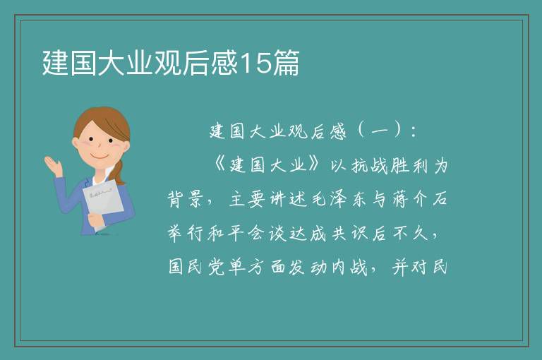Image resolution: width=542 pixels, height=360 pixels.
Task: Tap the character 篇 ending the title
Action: [286, 63]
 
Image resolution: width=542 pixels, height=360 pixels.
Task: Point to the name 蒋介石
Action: [420, 199]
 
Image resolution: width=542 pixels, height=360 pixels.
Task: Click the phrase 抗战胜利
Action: [390, 166]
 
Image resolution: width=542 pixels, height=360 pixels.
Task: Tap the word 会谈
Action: [267, 234]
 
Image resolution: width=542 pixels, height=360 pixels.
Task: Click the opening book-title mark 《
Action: [219, 165]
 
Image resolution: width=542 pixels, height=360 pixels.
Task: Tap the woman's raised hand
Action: [53, 166]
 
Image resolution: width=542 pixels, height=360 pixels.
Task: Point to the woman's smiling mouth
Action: [100, 156]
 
